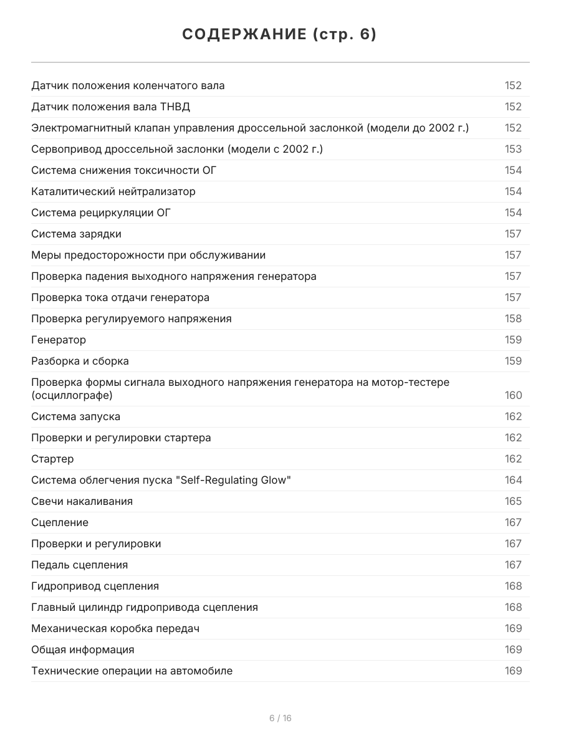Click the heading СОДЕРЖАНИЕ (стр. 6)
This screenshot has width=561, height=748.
280,34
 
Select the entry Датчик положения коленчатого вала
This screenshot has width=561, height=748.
128,85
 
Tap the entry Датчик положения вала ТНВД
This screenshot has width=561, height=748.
110,107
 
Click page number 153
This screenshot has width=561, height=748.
513,149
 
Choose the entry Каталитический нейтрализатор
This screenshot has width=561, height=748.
113,191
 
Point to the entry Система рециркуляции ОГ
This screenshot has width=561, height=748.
101,213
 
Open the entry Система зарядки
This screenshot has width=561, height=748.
76,234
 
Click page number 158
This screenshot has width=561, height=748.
513,319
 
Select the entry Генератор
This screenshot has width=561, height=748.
59,340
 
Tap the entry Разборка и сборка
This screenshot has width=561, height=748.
80,361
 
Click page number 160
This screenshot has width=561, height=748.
513,395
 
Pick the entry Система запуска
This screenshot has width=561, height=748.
75,416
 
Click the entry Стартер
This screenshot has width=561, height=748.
52,459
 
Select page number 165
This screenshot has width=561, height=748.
513,501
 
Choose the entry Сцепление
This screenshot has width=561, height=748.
60,522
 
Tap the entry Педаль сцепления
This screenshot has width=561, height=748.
79,565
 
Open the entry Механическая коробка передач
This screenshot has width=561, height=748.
115,628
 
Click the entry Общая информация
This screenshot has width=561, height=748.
82,650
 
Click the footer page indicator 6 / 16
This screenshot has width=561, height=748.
280,718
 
